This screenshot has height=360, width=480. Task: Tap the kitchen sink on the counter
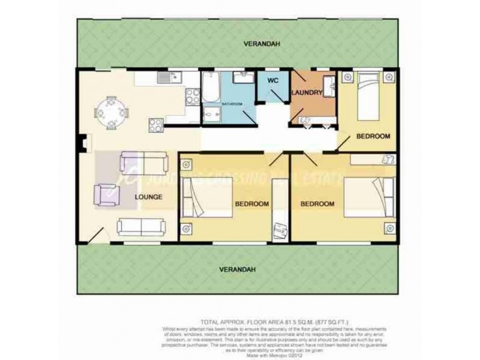tap(167, 77)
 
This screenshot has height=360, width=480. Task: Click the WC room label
tap(272, 80)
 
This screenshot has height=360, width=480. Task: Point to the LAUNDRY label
tap(307, 92)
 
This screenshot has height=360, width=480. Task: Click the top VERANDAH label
tap(262, 44)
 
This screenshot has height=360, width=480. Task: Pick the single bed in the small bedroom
tap(368, 97)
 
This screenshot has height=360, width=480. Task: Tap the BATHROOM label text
tap(232, 104)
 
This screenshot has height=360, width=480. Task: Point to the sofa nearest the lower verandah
tap(141, 226)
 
